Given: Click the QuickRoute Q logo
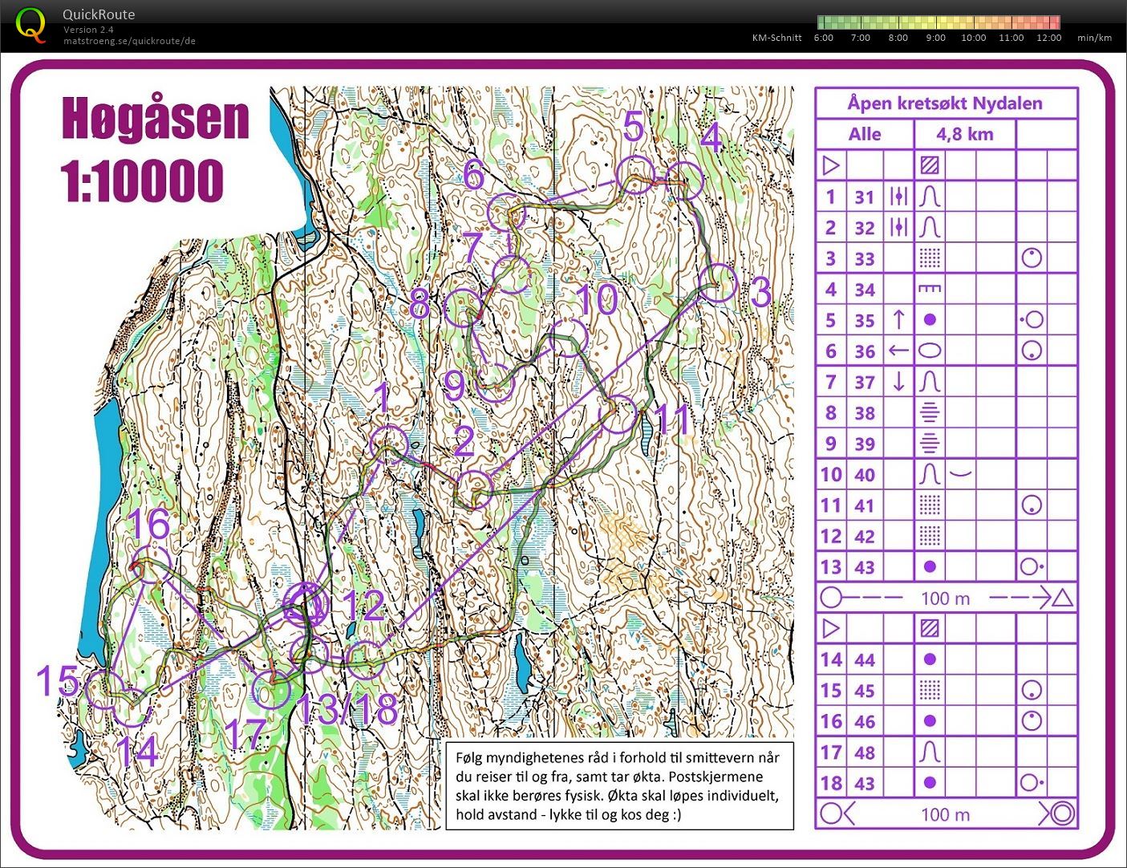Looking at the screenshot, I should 30,24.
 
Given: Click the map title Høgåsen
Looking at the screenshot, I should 156,120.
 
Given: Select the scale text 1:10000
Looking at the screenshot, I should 142,180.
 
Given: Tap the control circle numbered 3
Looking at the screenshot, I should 717,283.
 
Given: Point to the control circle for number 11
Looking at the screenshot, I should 618,414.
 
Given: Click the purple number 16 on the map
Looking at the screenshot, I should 149,525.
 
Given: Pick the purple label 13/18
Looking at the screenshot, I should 347,709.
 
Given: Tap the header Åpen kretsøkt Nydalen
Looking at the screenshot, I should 945,103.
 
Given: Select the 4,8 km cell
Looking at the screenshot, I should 964,134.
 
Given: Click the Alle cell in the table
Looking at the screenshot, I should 864,134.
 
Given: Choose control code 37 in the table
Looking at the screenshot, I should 864,382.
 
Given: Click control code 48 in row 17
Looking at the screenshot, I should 864,752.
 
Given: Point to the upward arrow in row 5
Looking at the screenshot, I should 898,320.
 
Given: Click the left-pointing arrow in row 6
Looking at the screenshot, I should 898,351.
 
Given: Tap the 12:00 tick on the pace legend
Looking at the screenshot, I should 1048,38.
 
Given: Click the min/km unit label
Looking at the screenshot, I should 1094,38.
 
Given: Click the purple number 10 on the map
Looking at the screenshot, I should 597,300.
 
